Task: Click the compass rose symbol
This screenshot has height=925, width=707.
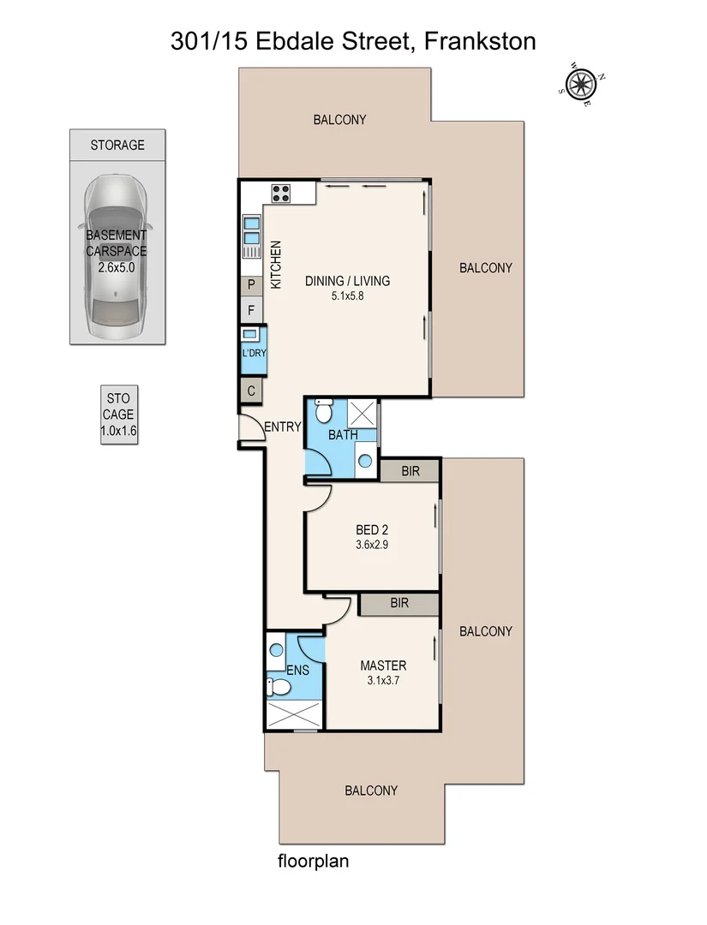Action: click(x=581, y=84)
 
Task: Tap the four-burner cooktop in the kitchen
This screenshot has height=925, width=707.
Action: click(x=281, y=193)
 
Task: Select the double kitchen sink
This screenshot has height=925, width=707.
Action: click(x=252, y=232)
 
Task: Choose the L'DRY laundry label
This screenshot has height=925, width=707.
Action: click(x=253, y=353)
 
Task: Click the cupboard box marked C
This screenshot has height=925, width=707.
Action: click(x=252, y=391)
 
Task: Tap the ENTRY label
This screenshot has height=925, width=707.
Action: click(x=282, y=427)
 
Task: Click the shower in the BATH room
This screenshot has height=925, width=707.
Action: click(x=363, y=412)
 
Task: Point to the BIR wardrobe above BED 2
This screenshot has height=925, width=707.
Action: click(x=410, y=470)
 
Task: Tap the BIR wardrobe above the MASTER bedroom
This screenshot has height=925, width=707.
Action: click(x=398, y=603)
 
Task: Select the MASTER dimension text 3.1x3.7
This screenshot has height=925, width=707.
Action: click(x=383, y=682)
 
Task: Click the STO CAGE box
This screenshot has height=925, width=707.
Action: click(x=117, y=415)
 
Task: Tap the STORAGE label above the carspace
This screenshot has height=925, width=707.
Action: click(x=117, y=146)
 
